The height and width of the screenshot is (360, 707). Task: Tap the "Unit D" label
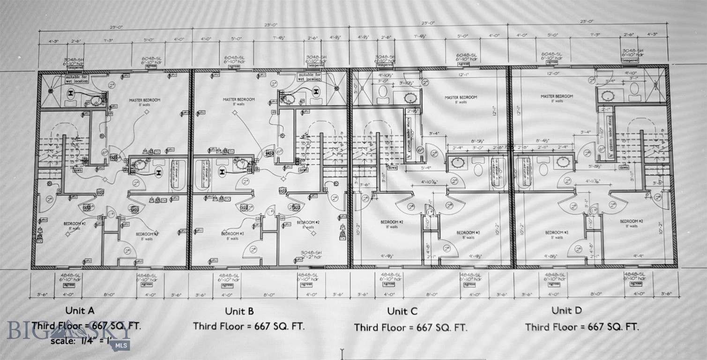click(x=568, y=310)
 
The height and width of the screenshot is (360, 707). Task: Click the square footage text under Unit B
click(x=249, y=326)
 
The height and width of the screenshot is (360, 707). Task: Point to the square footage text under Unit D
click(x=581, y=327)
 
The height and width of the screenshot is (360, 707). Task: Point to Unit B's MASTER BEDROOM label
click(x=238, y=99)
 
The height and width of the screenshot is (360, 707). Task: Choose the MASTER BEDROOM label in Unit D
click(x=557, y=96)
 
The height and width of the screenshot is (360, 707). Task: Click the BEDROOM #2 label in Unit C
click(x=392, y=222)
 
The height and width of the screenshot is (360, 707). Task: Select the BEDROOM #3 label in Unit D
click(x=557, y=232)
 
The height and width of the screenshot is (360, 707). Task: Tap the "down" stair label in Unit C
click(x=392, y=167)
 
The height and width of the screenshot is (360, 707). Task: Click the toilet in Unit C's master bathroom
click(x=383, y=92)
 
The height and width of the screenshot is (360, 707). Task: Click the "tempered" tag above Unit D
click(x=630, y=60)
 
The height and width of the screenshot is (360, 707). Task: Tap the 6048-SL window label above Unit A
click(x=151, y=59)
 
